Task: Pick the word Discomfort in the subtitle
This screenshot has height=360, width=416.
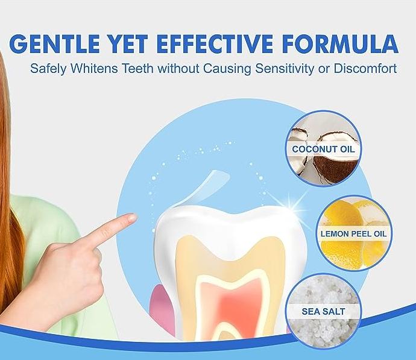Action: coord(365,68)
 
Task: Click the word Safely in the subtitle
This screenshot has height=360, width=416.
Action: coord(49,69)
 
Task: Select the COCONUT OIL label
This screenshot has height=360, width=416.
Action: coord(323,149)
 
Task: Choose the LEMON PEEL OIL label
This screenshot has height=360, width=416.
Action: coord(354,234)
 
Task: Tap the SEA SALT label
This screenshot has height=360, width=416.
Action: coord(323,311)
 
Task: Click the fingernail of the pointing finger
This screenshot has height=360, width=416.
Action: coord(131,218)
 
